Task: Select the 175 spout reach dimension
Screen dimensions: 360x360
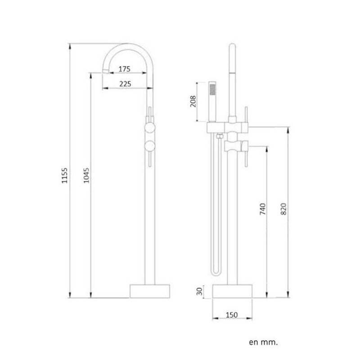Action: (124, 69)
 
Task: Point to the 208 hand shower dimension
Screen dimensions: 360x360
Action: (193, 102)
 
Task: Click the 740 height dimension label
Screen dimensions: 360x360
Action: (263, 210)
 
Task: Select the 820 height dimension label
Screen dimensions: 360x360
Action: (283, 210)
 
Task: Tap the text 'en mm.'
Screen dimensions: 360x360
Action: (263, 342)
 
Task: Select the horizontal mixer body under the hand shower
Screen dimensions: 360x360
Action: (227, 128)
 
